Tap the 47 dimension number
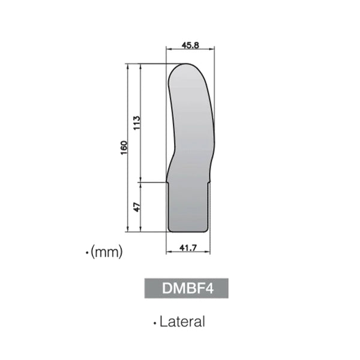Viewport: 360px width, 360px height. click(136, 206)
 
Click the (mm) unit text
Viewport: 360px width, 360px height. click(106, 253)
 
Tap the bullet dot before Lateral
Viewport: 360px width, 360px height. click(155, 323)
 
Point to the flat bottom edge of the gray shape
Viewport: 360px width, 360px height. click(188, 231)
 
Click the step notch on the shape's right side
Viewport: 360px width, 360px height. click(211, 179)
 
